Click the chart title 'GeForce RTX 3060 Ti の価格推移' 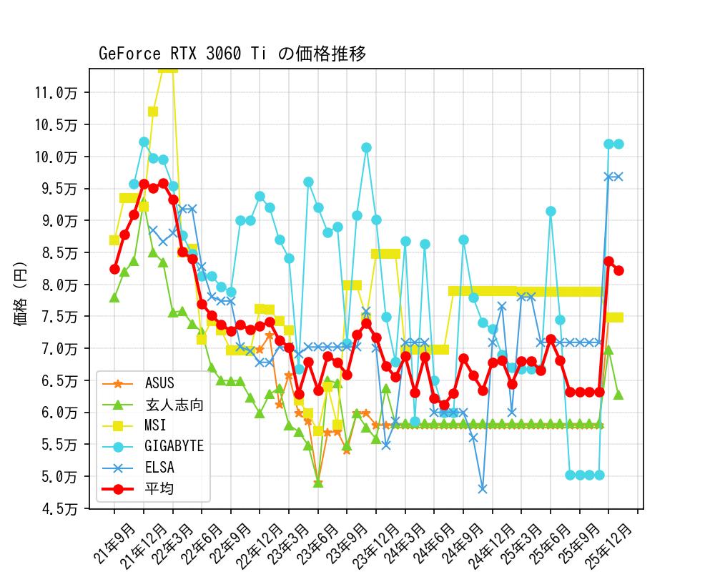232,54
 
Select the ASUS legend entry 159,383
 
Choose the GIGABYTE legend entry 174,446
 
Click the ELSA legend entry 159,468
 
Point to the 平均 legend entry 159,489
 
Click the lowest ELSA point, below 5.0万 483,489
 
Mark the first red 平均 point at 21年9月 114,269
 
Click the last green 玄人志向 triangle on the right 618,395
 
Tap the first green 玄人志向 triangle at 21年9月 114,297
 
